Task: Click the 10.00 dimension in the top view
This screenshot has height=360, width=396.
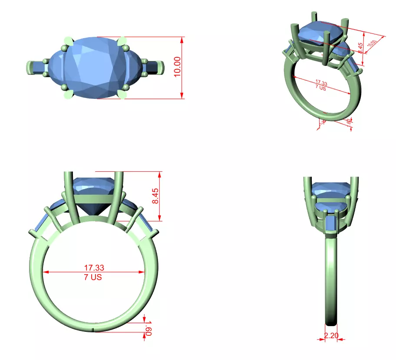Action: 177,67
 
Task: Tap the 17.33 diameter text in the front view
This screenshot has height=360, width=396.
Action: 94,268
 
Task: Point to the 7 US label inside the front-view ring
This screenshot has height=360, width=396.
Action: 93,277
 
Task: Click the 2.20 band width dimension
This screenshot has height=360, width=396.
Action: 332,335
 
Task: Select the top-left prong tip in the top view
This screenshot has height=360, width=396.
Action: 67,40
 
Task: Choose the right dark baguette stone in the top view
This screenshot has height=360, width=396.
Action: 152,67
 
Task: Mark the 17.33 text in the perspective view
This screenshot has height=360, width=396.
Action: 321,82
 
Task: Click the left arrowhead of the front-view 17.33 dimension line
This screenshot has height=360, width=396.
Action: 45,272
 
